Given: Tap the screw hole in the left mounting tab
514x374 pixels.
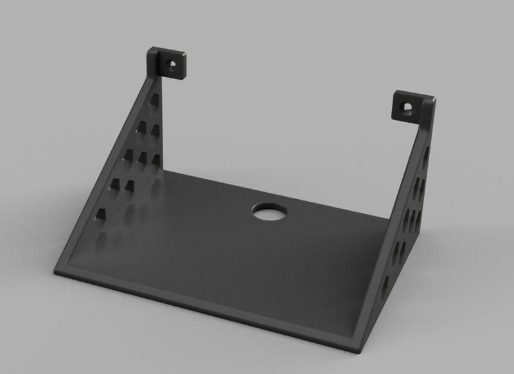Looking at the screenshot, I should tap(172, 64).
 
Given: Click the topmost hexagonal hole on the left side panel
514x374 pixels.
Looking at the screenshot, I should tap(155, 103).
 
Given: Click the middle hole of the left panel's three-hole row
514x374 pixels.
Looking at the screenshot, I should tap(142, 159).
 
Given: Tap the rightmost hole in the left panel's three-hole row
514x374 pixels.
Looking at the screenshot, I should tap(155, 160).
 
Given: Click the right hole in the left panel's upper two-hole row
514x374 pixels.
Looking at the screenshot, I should tap(155, 130).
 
